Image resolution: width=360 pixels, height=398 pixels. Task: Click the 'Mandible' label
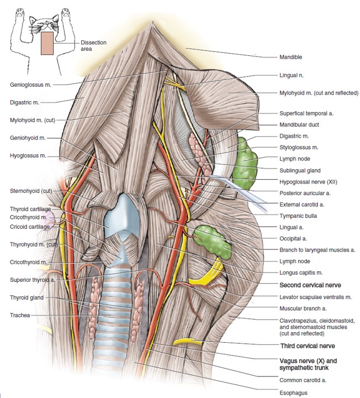291,57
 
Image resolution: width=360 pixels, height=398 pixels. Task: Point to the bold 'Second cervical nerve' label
309,285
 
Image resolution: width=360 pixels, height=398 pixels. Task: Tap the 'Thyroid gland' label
27,297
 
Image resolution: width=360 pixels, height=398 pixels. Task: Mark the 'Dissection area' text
93,45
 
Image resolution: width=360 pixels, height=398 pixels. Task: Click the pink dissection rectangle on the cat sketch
48,43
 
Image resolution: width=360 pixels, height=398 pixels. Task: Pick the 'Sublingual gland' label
300,171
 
